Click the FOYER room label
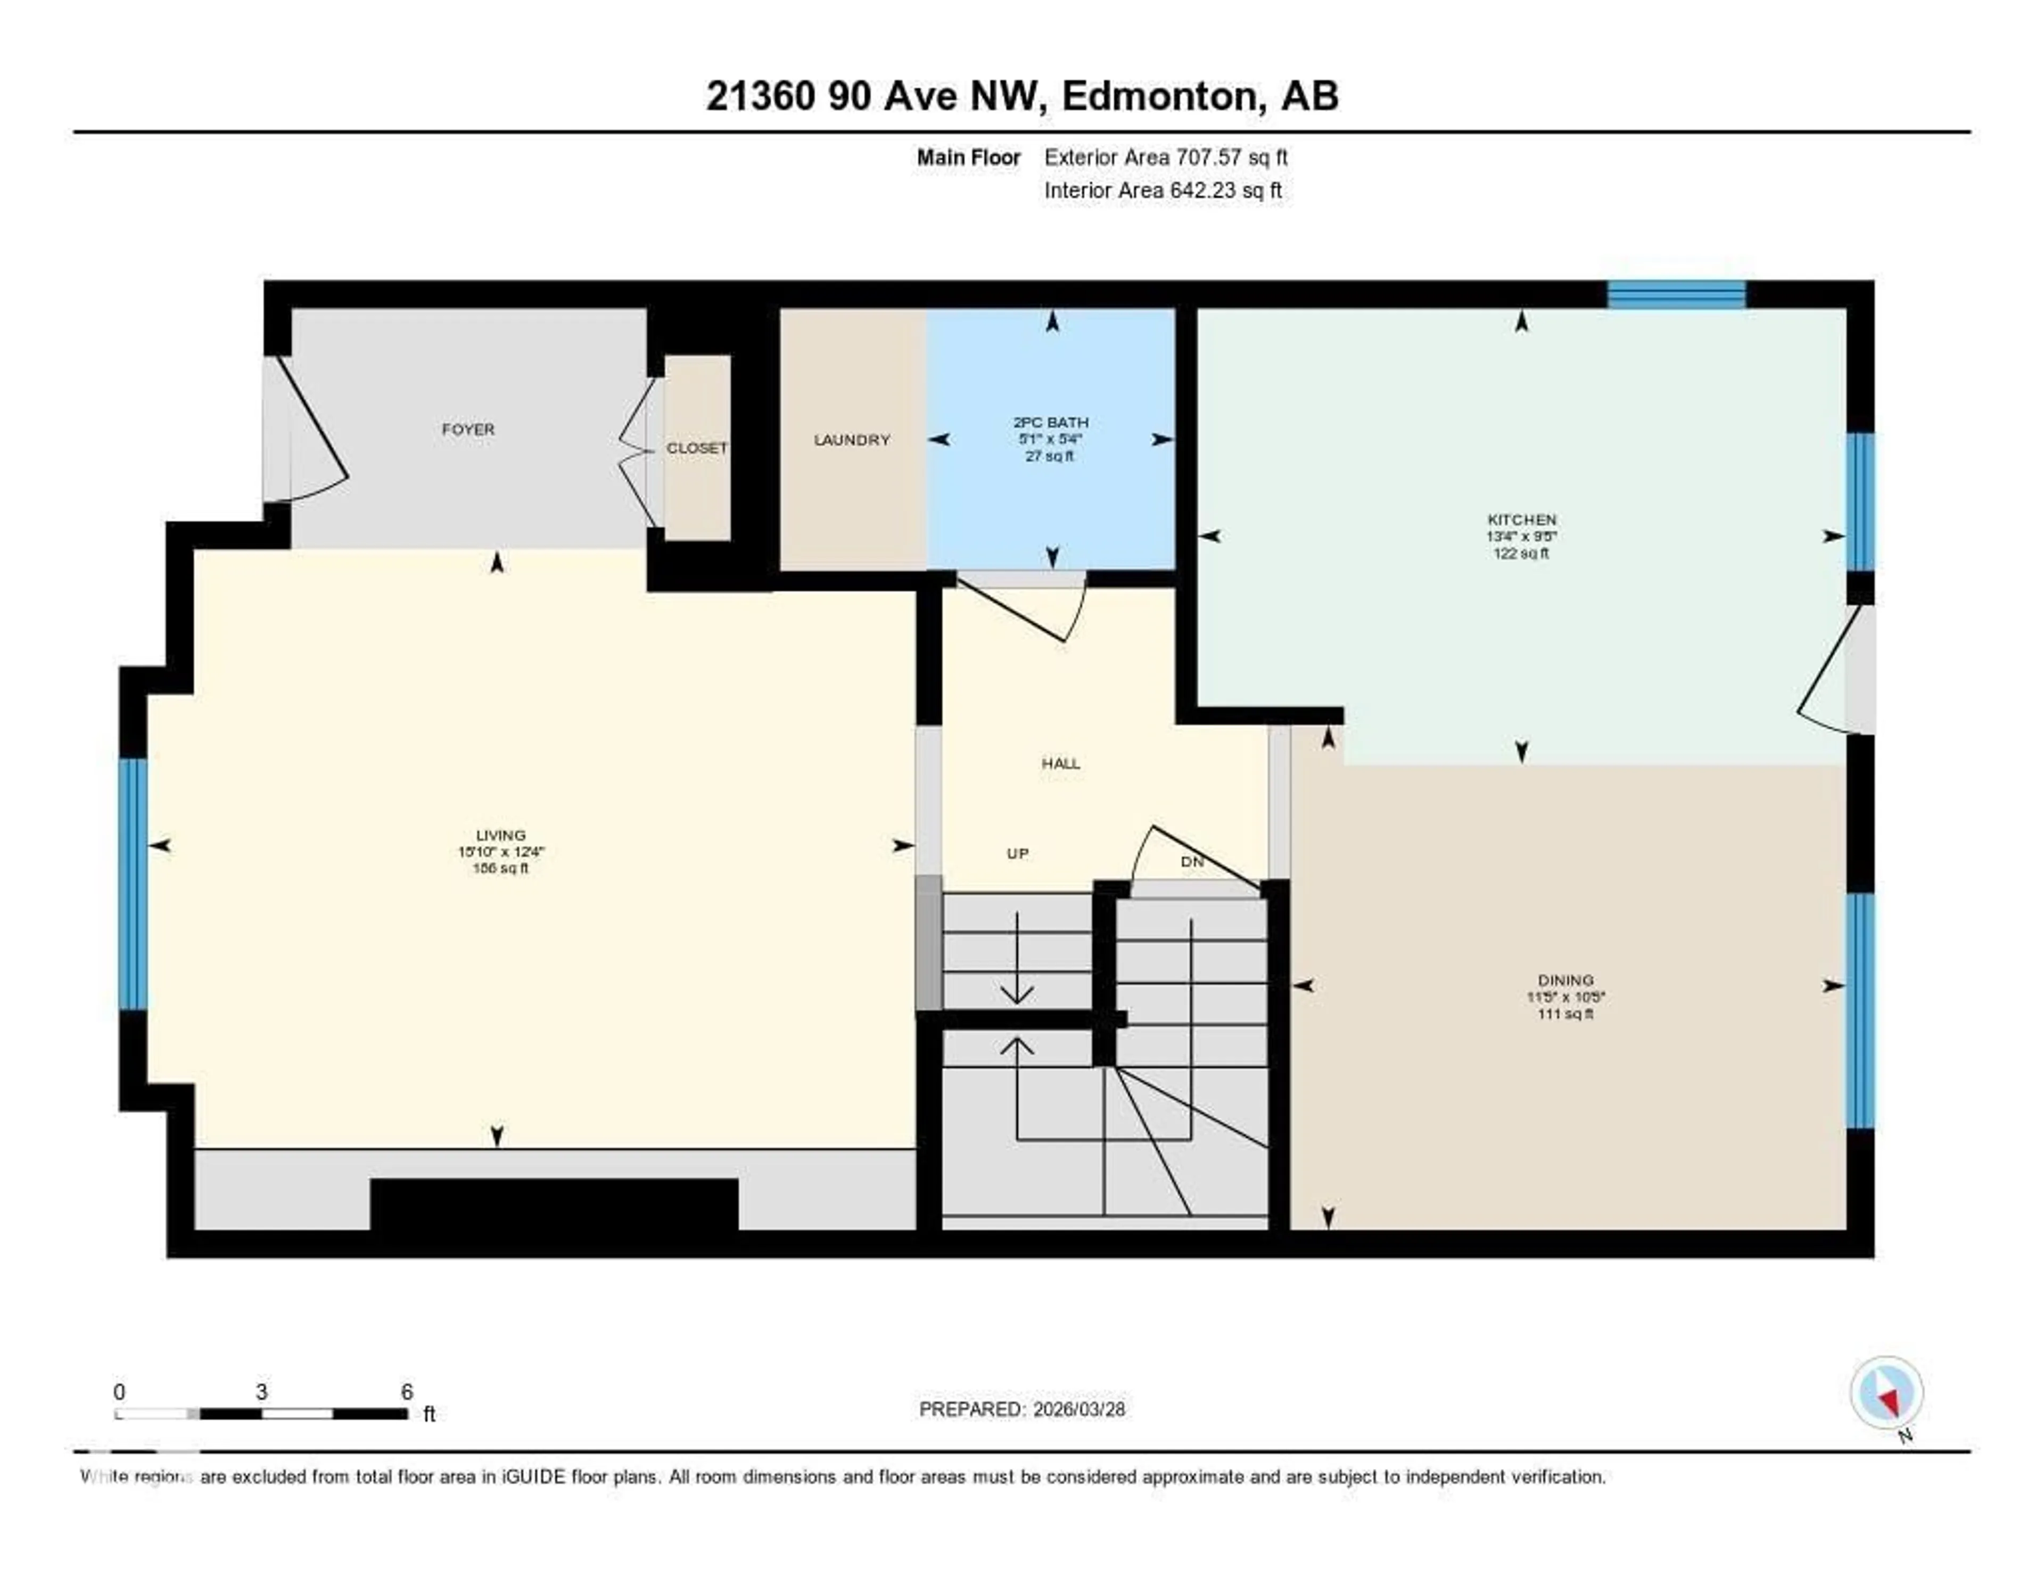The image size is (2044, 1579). (x=468, y=430)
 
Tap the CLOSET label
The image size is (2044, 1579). (x=696, y=448)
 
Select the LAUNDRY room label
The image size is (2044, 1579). (x=852, y=440)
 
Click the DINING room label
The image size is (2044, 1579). (x=1565, y=981)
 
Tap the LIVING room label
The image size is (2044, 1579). (x=501, y=835)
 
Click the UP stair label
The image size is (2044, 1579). (x=1017, y=853)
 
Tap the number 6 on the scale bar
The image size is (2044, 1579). (x=406, y=1392)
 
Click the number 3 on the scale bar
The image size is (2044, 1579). (x=262, y=1392)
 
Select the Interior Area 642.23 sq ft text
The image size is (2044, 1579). (x=1163, y=191)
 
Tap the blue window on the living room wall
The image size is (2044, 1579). (x=134, y=884)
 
